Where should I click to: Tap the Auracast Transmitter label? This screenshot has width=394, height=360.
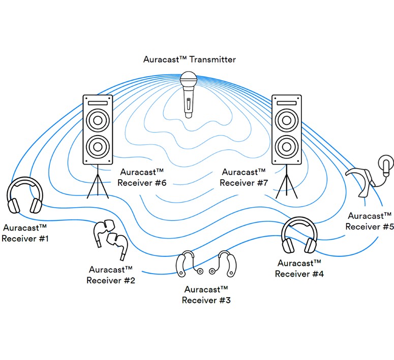pyautogui.click(x=190, y=59)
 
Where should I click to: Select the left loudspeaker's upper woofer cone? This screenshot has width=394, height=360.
pyautogui.click(x=98, y=121)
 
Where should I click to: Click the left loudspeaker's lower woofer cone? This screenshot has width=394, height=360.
pyautogui.click(x=98, y=147)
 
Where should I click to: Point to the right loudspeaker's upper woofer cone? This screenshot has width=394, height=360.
pyautogui.click(x=286, y=121)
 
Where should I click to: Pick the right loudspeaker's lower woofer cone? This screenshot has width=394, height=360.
pyautogui.click(x=286, y=147)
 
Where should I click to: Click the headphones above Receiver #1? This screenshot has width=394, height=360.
pyautogui.click(x=24, y=197)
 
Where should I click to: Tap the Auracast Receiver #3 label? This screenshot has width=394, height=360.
pyautogui.click(x=206, y=295)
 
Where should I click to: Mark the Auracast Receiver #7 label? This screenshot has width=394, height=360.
pyautogui.click(x=245, y=177)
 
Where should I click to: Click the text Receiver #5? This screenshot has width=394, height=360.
pyautogui.click(x=370, y=226)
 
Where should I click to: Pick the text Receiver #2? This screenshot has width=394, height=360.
pyautogui.click(x=111, y=280)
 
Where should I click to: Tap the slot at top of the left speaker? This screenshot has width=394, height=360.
pyautogui.click(x=98, y=103)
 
